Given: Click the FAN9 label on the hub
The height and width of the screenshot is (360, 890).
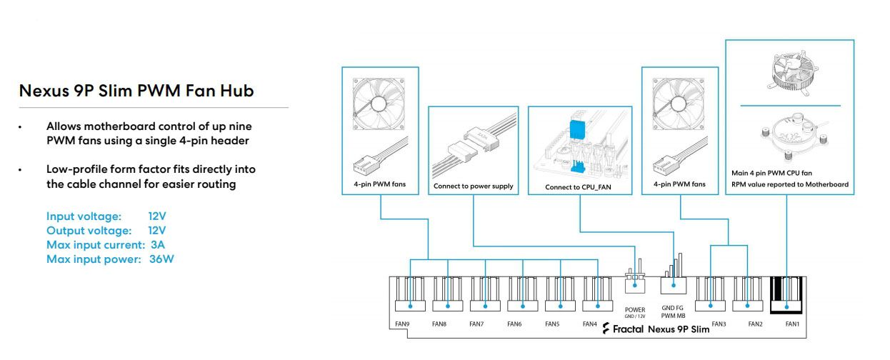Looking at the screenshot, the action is tap(402, 324).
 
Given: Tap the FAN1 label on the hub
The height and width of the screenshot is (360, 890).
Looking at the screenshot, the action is tap(792, 324).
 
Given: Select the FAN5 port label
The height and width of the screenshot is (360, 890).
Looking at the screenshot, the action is tap(552, 324).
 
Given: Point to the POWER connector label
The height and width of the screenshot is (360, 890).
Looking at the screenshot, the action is tap(635, 309).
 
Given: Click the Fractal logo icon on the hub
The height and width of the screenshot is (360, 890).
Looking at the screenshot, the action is tap(606, 329).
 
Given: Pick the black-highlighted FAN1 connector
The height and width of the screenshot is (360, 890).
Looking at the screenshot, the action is tap(786, 295).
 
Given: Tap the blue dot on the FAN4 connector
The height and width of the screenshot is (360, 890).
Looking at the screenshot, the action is tap(598, 306).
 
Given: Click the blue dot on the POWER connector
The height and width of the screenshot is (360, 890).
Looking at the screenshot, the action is tap(635, 285).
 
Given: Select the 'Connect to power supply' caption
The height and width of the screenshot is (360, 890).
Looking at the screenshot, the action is tap(473, 186).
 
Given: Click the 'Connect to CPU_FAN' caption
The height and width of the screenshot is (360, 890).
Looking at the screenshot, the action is tap(578, 187).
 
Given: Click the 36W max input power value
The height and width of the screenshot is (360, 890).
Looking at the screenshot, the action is tap(161, 259).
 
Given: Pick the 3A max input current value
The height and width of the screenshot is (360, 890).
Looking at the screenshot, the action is tap(158, 245).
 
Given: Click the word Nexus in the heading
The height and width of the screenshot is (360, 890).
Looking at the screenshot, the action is tap(44, 91).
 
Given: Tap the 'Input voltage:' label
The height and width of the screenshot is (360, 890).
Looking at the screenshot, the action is tap(84, 216).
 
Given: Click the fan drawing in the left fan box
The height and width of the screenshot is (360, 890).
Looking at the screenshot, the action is tap(379, 104).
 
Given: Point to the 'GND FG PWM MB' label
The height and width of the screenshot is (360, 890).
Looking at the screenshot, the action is tap(673, 312).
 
